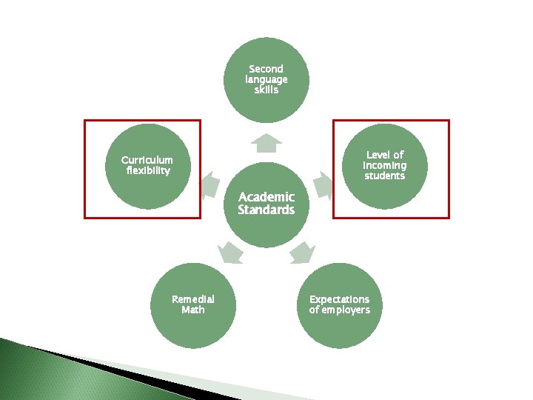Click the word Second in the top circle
click(x=266, y=69)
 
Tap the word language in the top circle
click(x=266, y=79)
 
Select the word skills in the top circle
click(x=266, y=90)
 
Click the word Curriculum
click(x=147, y=160)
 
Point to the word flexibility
click(x=148, y=171)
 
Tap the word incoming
click(x=384, y=165)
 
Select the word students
click(x=384, y=176)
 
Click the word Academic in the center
click(x=266, y=197)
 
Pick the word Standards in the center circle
click(x=266, y=210)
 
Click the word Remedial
click(x=193, y=299)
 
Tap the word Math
click(x=193, y=310)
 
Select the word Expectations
click(x=339, y=299)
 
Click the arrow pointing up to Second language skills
click(x=266, y=140)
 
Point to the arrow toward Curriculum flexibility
click(x=209, y=184)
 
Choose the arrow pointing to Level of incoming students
click(x=324, y=184)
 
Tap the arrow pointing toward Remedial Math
click(x=230, y=252)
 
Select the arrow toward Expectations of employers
click(x=301, y=253)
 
